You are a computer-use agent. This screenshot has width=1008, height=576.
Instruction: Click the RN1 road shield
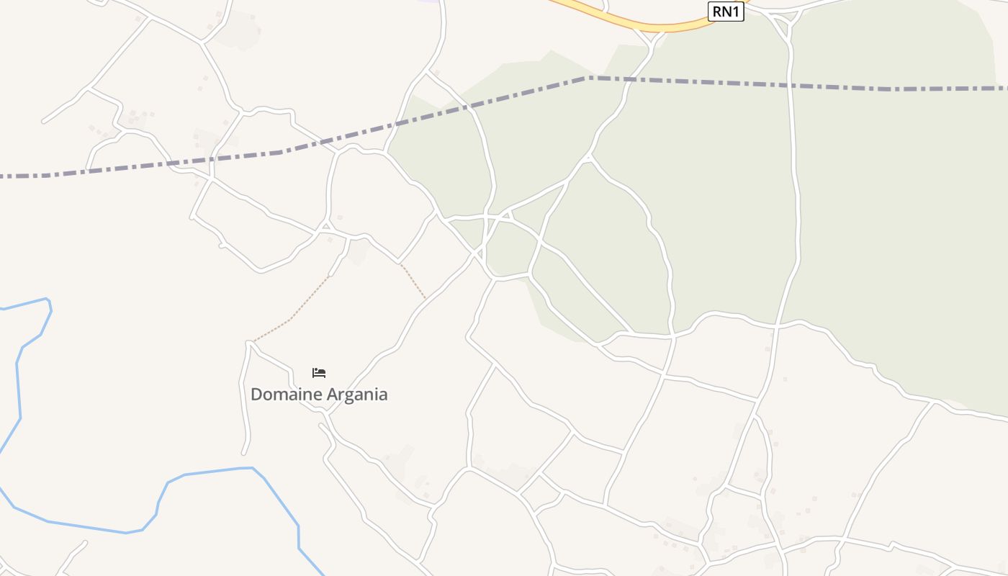pos(725,12)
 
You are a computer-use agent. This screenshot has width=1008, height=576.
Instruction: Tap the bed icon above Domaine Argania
pos(319,372)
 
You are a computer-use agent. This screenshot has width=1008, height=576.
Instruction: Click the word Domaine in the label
pos(286,395)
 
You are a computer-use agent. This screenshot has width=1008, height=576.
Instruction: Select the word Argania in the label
pos(357,395)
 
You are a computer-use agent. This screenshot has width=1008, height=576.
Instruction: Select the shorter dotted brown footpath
pos(413,282)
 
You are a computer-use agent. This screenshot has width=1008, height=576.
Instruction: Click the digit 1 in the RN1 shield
pos(735,12)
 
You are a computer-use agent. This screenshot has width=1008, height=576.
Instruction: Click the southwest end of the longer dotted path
pos(254,341)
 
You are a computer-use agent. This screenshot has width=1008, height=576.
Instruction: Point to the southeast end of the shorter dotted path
pos(425,297)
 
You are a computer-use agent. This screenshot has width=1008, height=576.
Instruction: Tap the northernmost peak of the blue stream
pos(47,299)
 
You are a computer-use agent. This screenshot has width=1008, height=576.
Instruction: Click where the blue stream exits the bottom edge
pos(323,575)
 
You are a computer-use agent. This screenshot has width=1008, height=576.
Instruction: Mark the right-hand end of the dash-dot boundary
pos(1006,89)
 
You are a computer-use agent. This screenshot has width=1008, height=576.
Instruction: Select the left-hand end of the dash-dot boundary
pos(2,176)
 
